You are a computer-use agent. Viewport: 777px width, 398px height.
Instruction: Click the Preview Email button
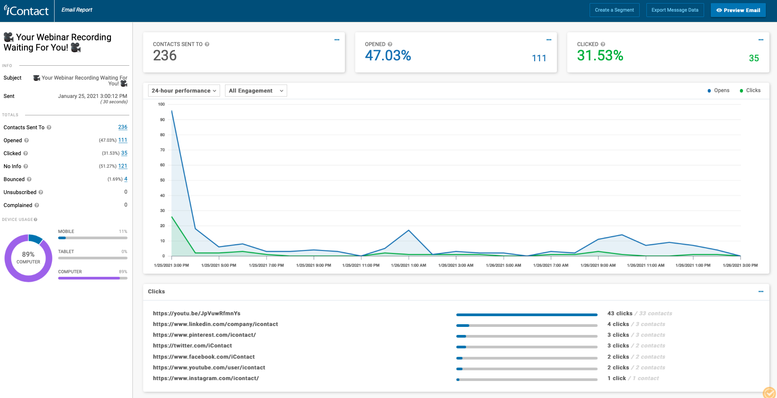pyautogui.click(x=738, y=10)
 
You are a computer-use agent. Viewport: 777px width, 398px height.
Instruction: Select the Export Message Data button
pyautogui.click(x=675, y=10)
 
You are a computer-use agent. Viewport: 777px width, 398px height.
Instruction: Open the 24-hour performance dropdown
pyautogui.click(x=184, y=91)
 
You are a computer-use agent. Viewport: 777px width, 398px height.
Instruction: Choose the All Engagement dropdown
pyautogui.click(x=256, y=91)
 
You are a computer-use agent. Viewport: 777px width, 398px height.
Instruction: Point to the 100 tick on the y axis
pyautogui.click(x=161, y=104)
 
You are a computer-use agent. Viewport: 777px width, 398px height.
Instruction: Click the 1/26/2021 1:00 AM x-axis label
pyautogui.click(x=408, y=265)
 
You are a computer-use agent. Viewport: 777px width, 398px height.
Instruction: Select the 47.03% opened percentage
pyautogui.click(x=388, y=55)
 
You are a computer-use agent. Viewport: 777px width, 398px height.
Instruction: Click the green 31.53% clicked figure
pyautogui.click(x=600, y=55)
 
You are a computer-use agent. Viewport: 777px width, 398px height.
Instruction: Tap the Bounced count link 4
pyautogui.click(x=126, y=179)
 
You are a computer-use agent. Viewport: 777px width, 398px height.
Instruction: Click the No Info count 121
pyautogui.click(x=123, y=166)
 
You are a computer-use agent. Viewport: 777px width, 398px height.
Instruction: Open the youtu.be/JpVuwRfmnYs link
pyautogui.click(x=197, y=313)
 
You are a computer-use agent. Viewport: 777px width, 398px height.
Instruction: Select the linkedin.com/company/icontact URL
pyautogui.click(x=215, y=324)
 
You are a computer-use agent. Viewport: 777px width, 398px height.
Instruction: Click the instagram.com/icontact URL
pyautogui.click(x=206, y=378)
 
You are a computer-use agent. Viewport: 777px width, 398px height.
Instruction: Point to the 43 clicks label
pyautogui.click(x=620, y=313)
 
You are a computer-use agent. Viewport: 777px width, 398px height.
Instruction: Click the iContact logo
pyautogui.click(x=26, y=11)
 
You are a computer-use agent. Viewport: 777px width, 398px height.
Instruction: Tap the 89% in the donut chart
pyautogui.click(x=28, y=254)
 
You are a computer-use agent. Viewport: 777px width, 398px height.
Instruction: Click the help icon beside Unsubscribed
pyautogui.click(x=41, y=192)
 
